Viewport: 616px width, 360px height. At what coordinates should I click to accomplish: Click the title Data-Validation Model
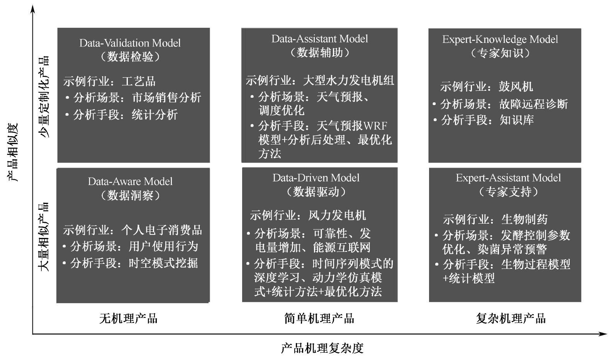pyautogui.click(x=130, y=43)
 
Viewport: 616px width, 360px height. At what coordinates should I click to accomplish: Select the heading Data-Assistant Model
pyautogui.click(x=319, y=39)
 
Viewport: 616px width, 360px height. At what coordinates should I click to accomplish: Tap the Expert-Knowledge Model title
pyautogui.click(x=500, y=39)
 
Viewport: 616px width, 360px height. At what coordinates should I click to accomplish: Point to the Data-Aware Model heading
pyautogui.click(x=130, y=182)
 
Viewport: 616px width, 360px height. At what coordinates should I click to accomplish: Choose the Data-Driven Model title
pyautogui.click(x=316, y=178)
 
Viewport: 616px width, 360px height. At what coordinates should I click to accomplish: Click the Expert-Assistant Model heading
pyautogui.click(x=508, y=178)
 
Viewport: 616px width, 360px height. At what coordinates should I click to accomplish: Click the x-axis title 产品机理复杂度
pyautogui.click(x=322, y=348)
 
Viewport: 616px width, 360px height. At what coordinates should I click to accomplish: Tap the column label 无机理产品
pyautogui.click(x=128, y=318)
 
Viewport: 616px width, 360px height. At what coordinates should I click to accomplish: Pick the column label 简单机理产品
pyautogui.click(x=319, y=318)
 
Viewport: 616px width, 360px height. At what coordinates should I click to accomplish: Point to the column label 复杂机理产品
pyautogui.click(x=511, y=318)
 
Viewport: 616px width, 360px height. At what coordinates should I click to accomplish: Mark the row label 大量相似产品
pyautogui.click(x=44, y=236)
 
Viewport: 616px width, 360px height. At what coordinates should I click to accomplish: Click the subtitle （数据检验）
pyautogui.click(x=130, y=57)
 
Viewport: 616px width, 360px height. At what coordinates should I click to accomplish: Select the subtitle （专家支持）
pyautogui.click(x=508, y=192)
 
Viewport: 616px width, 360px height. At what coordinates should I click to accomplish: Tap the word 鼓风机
pyautogui.click(x=516, y=87)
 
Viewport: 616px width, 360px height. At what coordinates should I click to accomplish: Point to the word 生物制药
pyautogui.click(x=524, y=219)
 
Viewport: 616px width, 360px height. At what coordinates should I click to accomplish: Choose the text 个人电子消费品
pyautogui.click(x=161, y=230)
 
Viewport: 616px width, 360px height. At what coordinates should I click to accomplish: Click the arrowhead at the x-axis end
pyautogui.click(x=603, y=334)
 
